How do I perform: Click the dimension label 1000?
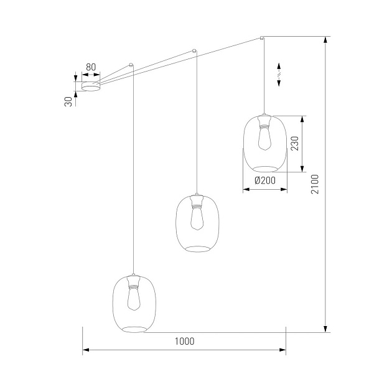pyautogui.click(x=184, y=341)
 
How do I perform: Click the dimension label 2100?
pyautogui.click(x=315, y=184)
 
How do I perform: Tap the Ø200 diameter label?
pyautogui.click(x=265, y=180)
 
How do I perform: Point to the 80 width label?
pyautogui.click(x=91, y=67)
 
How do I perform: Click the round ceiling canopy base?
pyautogui.click(x=91, y=86)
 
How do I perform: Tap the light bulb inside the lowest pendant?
pyautogui.click(x=133, y=299)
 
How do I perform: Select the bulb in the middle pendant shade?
pyautogui.click(x=197, y=220)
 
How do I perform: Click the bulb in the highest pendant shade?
pyautogui.click(x=264, y=139)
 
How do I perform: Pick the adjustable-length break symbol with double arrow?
pyautogui.click(x=279, y=74)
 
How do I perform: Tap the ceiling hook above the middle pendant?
pyautogui.click(x=195, y=50)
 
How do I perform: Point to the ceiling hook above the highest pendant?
pyautogui.click(x=262, y=37)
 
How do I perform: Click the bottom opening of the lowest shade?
pyautogui.click(x=133, y=329)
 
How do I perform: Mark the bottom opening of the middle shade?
pyautogui.click(x=197, y=249)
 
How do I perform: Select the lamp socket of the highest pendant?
pyautogui.click(x=264, y=124)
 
